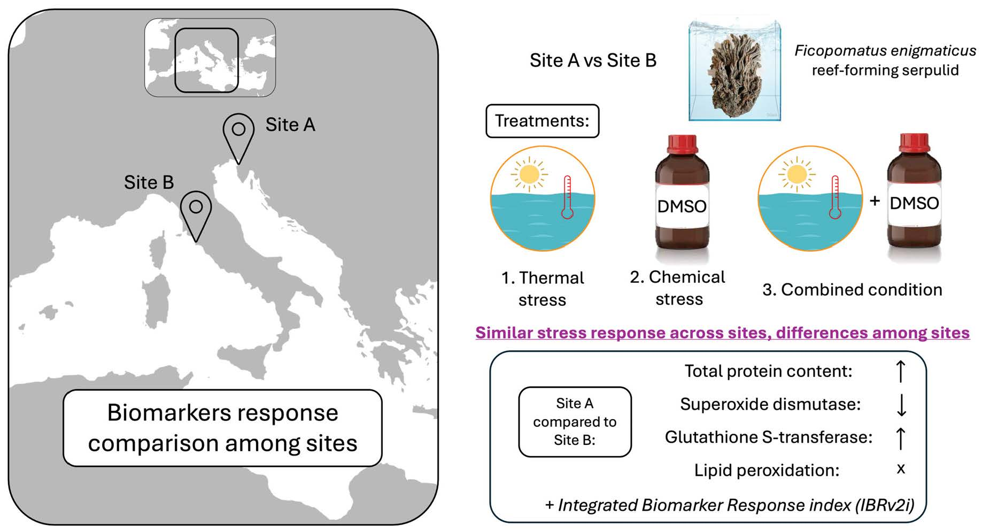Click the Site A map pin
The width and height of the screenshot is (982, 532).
(238, 134)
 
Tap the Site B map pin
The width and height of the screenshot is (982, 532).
(196, 211)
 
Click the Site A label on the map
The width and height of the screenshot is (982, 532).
(290, 125)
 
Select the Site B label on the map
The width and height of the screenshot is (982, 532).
(149, 182)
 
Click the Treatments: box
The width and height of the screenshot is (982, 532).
(542, 121)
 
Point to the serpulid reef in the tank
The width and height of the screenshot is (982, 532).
(734, 72)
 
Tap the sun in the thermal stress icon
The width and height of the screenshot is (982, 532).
(529, 174)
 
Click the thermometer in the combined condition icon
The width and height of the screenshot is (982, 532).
(834, 198)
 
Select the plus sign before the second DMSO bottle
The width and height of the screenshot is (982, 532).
(875, 201)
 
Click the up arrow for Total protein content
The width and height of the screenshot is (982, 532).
(901, 371)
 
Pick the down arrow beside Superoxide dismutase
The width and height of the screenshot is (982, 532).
(901, 405)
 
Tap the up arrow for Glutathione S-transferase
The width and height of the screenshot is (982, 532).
(901, 438)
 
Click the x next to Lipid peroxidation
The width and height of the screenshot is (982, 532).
(901, 469)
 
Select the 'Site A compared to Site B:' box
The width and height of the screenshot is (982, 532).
(575, 422)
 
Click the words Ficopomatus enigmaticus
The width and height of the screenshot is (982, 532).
(885, 51)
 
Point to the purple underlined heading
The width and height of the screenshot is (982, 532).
(722, 333)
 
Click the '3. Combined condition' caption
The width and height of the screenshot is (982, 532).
(852, 290)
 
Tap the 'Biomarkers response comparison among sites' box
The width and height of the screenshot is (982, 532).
(222, 428)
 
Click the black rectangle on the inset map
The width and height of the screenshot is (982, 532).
(206, 60)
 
